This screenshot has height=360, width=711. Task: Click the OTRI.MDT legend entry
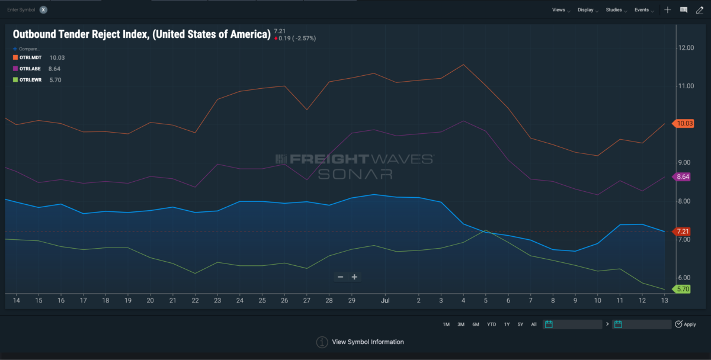27,57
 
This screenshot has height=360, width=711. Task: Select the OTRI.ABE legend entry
26,69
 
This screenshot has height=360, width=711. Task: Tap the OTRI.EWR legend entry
27,79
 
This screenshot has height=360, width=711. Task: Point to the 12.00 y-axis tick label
686,47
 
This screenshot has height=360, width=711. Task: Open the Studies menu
615,10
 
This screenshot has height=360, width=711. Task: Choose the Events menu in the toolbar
643,10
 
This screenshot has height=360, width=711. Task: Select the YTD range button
491,324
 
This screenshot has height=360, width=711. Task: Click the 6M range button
476,324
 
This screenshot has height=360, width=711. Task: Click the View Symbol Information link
368,342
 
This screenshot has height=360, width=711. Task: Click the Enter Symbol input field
21,10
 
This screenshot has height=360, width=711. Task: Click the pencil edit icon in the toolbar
700,10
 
